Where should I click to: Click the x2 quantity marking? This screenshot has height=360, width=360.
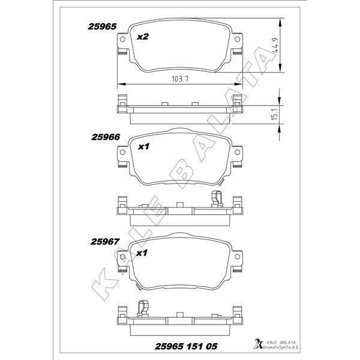coord(143,37)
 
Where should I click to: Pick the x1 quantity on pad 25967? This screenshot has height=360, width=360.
coord(143,253)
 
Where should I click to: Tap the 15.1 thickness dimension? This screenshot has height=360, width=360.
coord(274,114)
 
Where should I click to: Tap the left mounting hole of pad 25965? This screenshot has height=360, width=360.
coord(122,41)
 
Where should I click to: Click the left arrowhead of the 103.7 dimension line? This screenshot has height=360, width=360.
coord(118,83)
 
